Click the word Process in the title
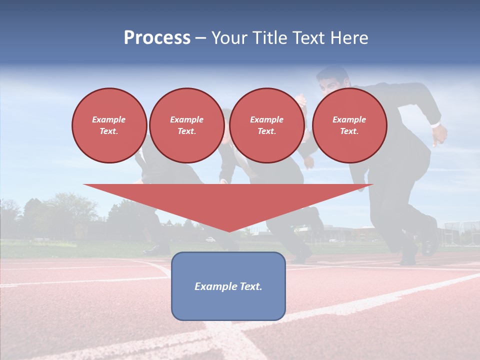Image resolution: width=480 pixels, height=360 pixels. (157, 38)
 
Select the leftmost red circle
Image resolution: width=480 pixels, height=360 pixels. (109, 125)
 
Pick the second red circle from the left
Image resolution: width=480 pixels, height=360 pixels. (186, 125)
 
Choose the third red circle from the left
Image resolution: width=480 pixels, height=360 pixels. (266, 125)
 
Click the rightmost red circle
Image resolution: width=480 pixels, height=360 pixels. (349, 125)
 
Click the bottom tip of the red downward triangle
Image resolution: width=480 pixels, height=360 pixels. (229, 231)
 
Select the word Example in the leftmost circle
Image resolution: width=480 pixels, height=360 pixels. (109, 119)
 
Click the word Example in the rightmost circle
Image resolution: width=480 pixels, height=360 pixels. (349, 119)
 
